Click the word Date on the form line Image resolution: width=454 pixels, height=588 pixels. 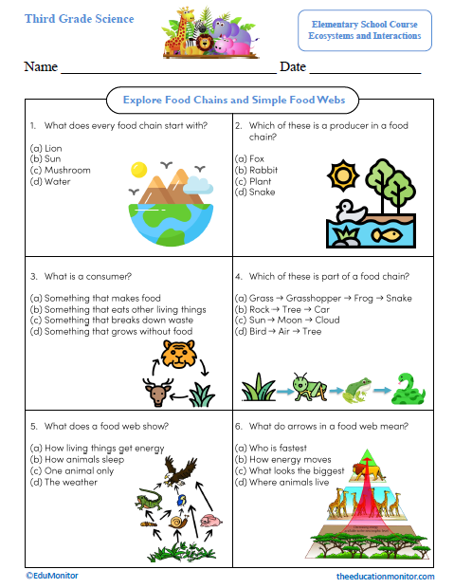[x=293, y=66]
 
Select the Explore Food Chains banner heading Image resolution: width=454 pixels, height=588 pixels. [x=227, y=100]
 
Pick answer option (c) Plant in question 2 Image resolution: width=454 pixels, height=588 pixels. [x=254, y=180]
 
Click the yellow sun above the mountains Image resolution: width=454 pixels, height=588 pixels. [x=140, y=170]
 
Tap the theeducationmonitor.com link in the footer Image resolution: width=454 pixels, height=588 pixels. [x=386, y=576]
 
